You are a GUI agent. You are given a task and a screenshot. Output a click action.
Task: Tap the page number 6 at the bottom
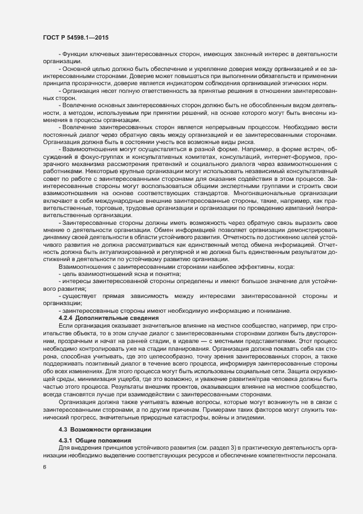tap(44, 467)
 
